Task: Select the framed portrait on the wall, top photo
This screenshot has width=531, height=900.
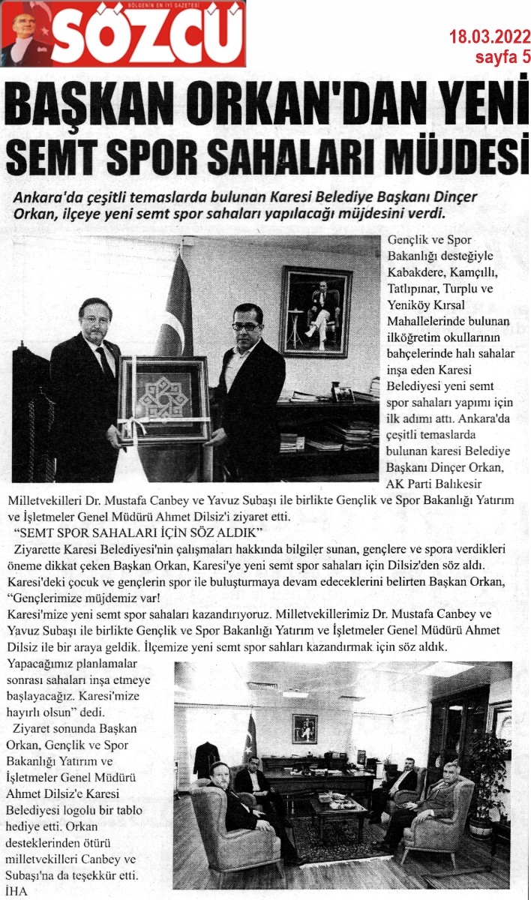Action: point(316,310)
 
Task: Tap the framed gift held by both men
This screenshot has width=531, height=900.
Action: point(164,400)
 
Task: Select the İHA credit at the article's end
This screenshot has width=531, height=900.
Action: point(18,892)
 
